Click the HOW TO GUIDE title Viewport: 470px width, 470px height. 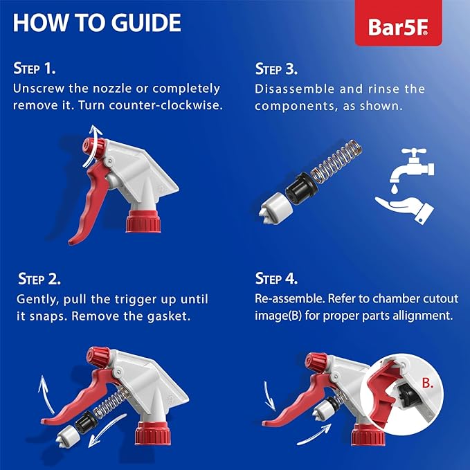click(x=97, y=23)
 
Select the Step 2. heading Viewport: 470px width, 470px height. click(x=39, y=280)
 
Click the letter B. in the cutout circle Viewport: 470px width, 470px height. click(x=427, y=381)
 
